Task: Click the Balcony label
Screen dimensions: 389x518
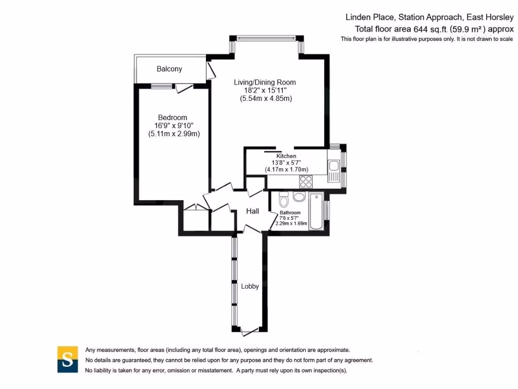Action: [169, 69]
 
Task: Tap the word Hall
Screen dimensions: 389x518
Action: [252, 211]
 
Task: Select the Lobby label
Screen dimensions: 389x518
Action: [249, 286]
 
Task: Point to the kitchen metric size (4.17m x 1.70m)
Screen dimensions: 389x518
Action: [286, 169]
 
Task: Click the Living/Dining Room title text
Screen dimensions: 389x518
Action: [265, 82]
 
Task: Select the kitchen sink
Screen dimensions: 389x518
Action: [333, 166]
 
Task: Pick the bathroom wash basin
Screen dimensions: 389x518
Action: [299, 197]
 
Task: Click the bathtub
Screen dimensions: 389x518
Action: [316, 211]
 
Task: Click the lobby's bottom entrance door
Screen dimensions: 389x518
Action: [249, 331]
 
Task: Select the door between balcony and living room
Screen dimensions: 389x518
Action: [209, 70]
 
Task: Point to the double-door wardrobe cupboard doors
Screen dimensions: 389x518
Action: [196, 208]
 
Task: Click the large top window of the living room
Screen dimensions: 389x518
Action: [266, 37]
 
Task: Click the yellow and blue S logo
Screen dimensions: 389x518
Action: [67, 359]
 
